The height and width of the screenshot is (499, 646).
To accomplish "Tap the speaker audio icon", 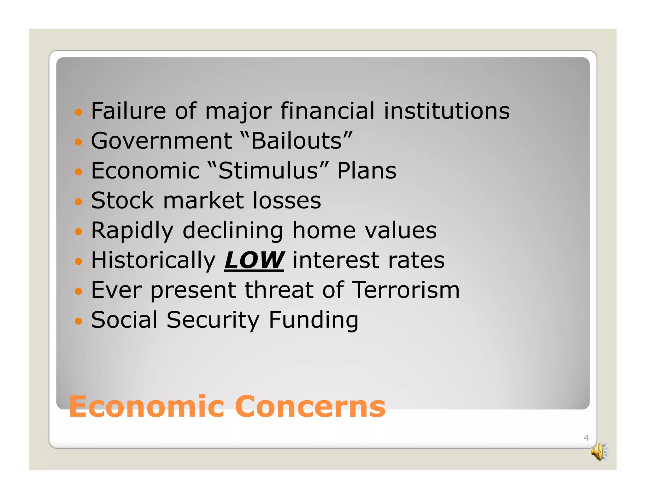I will pyautogui.click(x=599, y=452).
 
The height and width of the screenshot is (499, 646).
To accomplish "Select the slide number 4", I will pyautogui.click(x=586, y=437).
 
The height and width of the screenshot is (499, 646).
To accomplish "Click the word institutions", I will pyautogui.click(x=446, y=111).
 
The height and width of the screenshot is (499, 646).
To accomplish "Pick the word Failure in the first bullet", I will pyautogui.click(x=128, y=111).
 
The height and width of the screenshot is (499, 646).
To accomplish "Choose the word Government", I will pyautogui.click(x=161, y=141).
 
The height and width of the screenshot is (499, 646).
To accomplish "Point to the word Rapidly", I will pyautogui.click(x=132, y=231).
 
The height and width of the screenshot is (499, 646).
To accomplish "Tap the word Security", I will pyautogui.click(x=213, y=320).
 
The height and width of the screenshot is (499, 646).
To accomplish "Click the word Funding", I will pyautogui.click(x=314, y=320).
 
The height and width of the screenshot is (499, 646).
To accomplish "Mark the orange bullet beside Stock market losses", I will pyautogui.click(x=78, y=202).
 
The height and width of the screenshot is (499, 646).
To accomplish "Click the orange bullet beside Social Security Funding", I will pyautogui.click(x=78, y=321).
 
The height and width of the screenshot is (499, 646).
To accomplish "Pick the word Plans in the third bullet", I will pyautogui.click(x=367, y=171).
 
